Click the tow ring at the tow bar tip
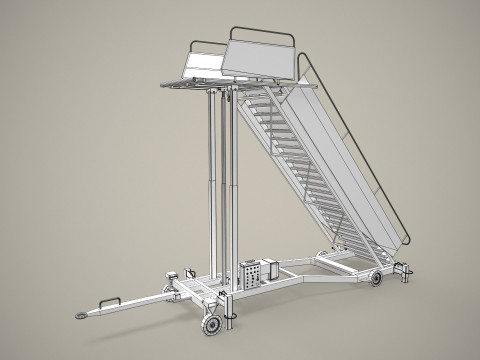click(x=80, y=314)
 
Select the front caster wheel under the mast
click(x=211, y=326)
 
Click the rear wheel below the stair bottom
click(x=377, y=279)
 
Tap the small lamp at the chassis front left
click(x=170, y=275)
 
